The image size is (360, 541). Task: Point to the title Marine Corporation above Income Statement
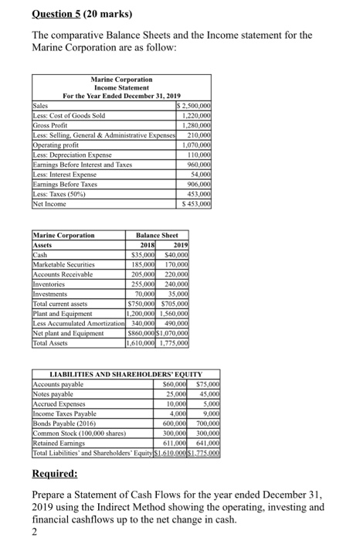click(x=121, y=80)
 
